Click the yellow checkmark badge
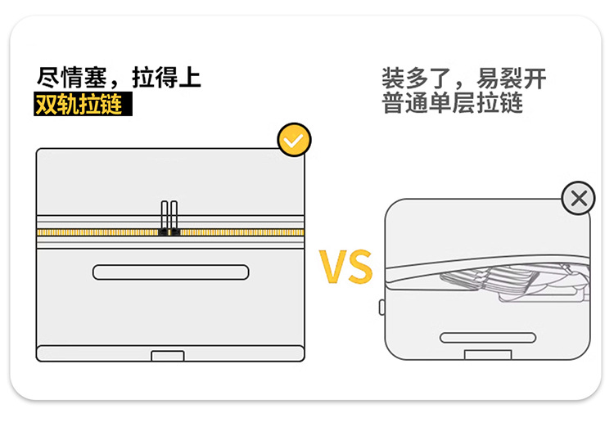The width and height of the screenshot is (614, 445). [x=294, y=140]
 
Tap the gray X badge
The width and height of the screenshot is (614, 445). [x=578, y=198]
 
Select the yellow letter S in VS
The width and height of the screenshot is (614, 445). [x=360, y=266]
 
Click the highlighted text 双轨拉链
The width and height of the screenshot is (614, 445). [x=79, y=105]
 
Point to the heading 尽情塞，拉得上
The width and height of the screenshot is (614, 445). [x=119, y=78]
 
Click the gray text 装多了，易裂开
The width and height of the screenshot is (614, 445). [x=464, y=79]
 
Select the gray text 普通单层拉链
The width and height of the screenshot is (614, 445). [x=452, y=103]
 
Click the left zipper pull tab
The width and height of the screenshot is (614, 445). [x=165, y=216]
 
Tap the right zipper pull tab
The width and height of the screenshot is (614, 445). [x=174, y=216]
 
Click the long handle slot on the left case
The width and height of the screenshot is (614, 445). [x=171, y=272]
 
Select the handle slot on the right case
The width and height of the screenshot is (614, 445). [x=488, y=338]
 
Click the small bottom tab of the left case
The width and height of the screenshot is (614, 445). [x=168, y=356]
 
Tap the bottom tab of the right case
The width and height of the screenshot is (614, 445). [x=488, y=354]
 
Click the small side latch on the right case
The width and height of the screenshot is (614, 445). [x=381, y=308]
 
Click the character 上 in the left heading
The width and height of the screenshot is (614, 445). [x=190, y=78]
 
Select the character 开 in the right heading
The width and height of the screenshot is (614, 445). [x=535, y=79]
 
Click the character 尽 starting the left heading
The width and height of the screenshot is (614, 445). [x=48, y=78]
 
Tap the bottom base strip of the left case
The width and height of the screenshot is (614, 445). [x=170, y=353]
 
